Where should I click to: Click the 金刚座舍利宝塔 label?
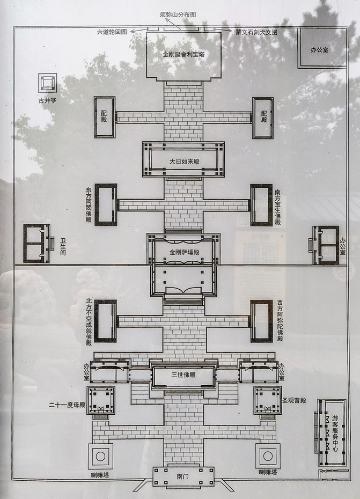pos(183,55)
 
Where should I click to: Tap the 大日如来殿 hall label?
pos(185,162)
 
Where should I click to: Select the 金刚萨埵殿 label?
pos(185,252)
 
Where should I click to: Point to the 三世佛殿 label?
pos(183,375)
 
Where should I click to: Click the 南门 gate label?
pos(183,476)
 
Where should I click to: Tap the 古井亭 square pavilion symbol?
pos(48,83)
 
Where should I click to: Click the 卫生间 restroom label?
pos(63,247)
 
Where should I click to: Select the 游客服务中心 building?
pos(332,432)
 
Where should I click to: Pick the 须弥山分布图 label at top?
pos(178,14)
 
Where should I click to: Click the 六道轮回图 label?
pos(112,32)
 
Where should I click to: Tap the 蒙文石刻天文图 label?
pos(256,32)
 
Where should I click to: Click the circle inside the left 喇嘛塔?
pos(100,457)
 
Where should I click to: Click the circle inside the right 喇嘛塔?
pos(268,457)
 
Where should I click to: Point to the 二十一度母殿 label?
pos(67,405)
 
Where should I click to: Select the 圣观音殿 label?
pos(294,400)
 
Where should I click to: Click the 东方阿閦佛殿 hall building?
pos(106,204)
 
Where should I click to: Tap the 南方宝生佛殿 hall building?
pos(261,205)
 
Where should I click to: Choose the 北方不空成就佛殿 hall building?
pos(105,321)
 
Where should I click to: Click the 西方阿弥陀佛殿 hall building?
pos(261,321)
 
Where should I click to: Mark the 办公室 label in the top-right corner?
pos(319,50)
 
